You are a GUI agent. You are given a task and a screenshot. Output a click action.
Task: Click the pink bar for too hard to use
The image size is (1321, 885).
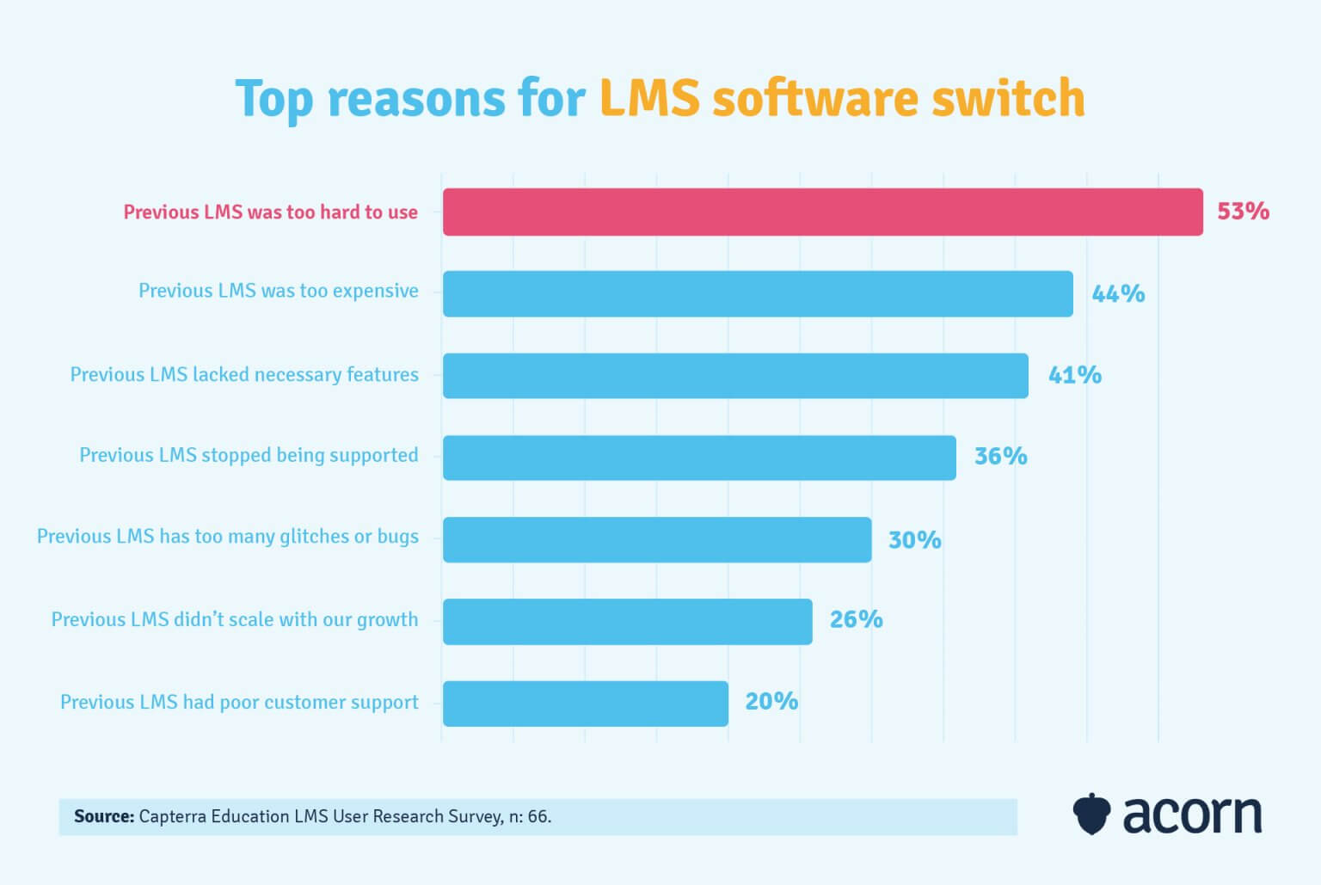pyautogui.click(x=822, y=212)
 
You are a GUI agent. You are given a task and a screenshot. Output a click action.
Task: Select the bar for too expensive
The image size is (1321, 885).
pyautogui.click(x=758, y=294)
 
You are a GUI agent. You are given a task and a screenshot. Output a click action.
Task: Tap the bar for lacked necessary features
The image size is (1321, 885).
pyautogui.click(x=735, y=376)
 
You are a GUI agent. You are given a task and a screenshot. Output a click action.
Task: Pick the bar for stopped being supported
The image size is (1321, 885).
pyautogui.click(x=699, y=458)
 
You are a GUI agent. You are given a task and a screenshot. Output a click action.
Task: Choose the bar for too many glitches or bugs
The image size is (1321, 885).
pyautogui.click(x=657, y=540)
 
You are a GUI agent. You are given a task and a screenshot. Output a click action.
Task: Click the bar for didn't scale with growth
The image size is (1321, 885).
pyautogui.click(x=627, y=622)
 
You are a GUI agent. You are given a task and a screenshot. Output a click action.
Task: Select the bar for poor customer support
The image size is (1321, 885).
pyautogui.click(x=585, y=704)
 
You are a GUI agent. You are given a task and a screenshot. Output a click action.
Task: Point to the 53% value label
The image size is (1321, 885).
pyautogui.click(x=1243, y=212)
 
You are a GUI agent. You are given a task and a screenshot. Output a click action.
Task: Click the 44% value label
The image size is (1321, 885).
pyautogui.click(x=1118, y=294)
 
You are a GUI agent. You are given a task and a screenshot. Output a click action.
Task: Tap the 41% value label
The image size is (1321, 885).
pyautogui.click(x=1074, y=375)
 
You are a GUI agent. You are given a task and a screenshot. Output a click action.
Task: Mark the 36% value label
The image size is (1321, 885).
pyautogui.click(x=1000, y=456)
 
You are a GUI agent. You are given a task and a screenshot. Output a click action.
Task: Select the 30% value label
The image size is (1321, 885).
pyautogui.click(x=914, y=540)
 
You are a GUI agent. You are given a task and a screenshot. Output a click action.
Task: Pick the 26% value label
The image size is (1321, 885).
pyautogui.click(x=856, y=619)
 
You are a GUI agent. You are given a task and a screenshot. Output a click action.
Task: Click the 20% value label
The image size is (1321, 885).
pyautogui.click(x=771, y=702)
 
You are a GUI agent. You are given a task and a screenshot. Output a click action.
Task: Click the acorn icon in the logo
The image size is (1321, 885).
pyautogui.click(x=1091, y=814)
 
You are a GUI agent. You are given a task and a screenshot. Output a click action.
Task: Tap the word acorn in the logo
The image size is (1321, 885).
pyautogui.click(x=1192, y=814)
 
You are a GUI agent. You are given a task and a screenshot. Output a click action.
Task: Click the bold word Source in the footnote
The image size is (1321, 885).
pyautogui.click(x=104, y=816)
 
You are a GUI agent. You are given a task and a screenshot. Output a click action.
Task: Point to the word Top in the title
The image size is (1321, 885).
pyautogui.click(x=273, y=99)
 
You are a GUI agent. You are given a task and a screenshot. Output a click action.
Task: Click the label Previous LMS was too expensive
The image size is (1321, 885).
pyautogui.click(x=279, y=291)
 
